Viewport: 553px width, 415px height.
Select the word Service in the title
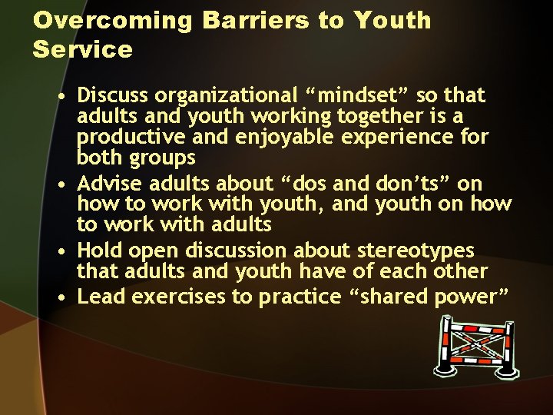(x=83, y=51)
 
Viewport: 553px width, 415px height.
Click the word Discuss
(x=113, y=96)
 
